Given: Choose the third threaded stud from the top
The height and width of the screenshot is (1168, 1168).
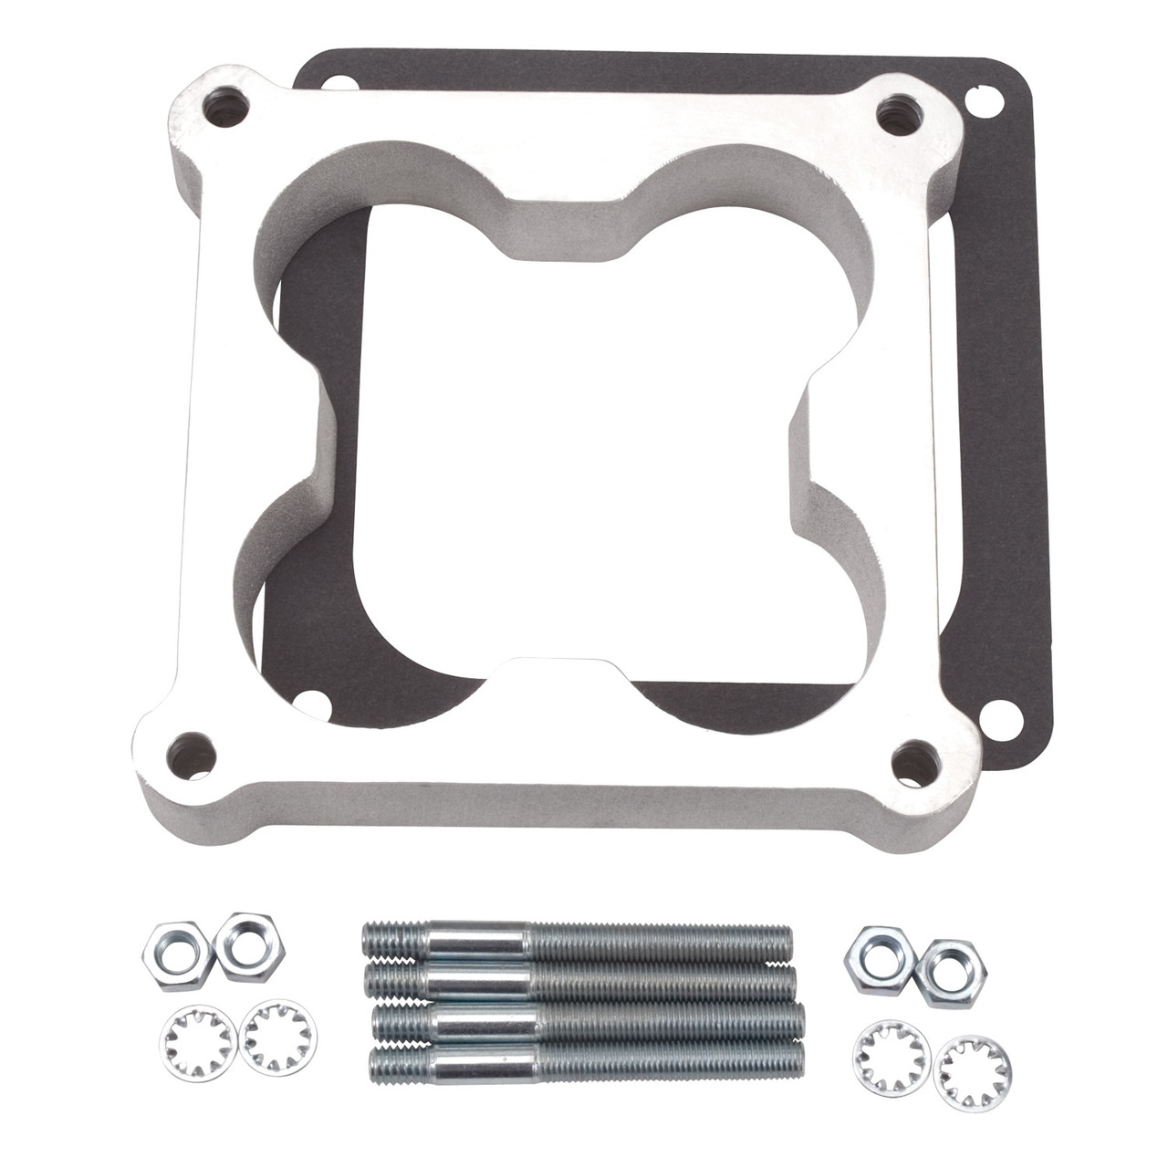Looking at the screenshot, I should (584, 1021).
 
